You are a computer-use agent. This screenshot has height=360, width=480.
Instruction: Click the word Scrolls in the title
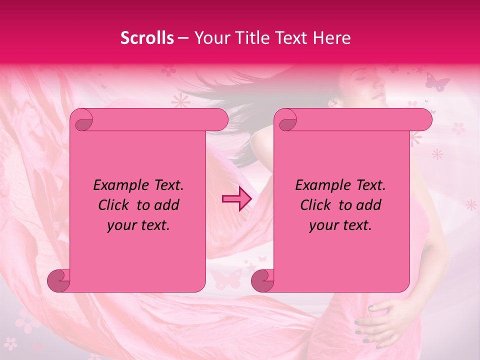click(147, 38)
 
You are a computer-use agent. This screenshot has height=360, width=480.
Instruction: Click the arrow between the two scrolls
click(236, 199)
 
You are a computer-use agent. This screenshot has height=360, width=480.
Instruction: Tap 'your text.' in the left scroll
click(138, 225)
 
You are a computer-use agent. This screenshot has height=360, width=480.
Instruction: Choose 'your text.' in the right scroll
click(340, 225)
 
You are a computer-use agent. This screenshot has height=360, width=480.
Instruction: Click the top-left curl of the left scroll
click(81, 120)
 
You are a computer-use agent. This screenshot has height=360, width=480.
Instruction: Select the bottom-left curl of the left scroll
click(59, 280)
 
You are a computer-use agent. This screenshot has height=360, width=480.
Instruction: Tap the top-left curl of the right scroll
click(286, 120)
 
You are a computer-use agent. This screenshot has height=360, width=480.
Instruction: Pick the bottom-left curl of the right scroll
click(263, 280)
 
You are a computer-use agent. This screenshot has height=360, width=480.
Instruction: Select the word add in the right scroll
click(369, 205)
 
